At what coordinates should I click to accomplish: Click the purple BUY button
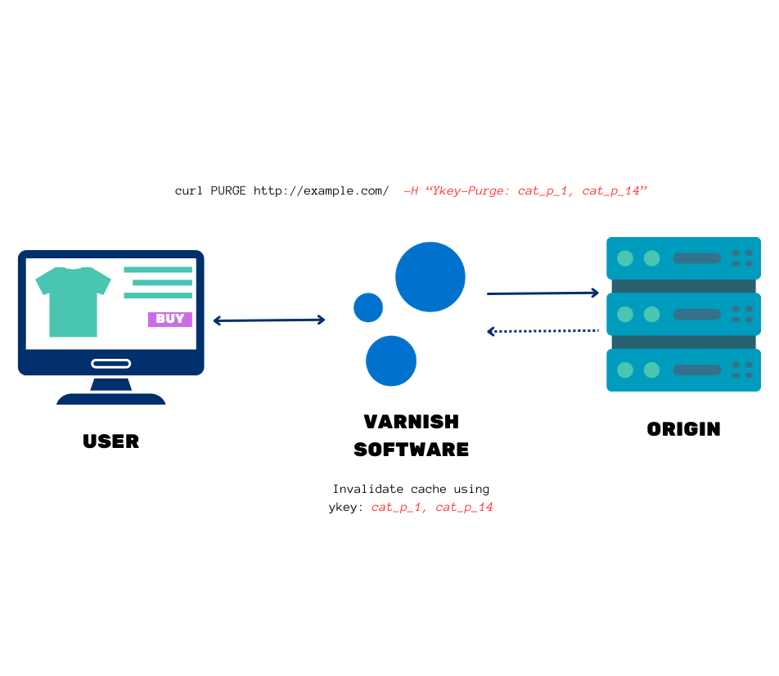pyautogui.click(x=169, y=320)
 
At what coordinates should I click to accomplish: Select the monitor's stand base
pyautogui.click(x=111, y=399)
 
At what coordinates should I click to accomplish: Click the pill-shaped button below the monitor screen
pyautogui.click(x=111, y=363)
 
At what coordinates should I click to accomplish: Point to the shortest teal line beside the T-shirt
pyautogui.click(x=162, y=283)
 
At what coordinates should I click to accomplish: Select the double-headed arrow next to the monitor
pyautogui.click(x=269, y=320)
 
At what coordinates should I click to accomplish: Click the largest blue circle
pyautogui.click(x=430, y=277)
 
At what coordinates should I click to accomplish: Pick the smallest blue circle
pyautogui.click(x=368, y=307)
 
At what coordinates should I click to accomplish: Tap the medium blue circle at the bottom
pyautogui.click(x=391, y=360)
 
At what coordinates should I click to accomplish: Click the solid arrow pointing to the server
pyautogui.click(x=543, y=293)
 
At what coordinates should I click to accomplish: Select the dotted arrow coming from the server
pyautogui.click(x=543, y=331)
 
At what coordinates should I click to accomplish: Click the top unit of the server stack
pyautogui.click(x=683, y=258)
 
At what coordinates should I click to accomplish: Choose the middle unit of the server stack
pyautogui.click(x=683, y=314)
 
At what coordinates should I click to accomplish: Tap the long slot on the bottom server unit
pyautogui.click(x=696, y=370)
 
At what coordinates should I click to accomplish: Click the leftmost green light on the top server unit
pyautogui.click(x=625, y=258)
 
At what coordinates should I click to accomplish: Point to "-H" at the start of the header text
pyautogui.click(x=411, y=190)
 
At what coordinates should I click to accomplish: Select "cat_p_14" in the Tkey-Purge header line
pyautogui.click(x=614, y=190)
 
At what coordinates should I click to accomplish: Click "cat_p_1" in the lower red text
pyautogui.click(x=398, y=507)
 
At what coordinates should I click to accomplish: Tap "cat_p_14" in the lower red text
pyautogui.click(x=464, y=507)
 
